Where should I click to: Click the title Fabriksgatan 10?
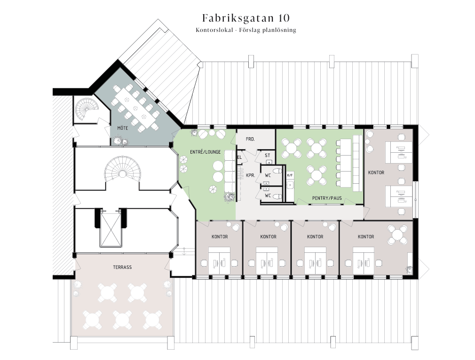245,18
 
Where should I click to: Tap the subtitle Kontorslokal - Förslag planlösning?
245,30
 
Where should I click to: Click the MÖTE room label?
123,128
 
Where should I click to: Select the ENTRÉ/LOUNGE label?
206,152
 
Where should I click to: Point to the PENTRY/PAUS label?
327,198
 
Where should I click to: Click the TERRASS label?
122,267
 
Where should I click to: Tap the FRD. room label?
250,139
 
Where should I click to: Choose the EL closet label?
240,157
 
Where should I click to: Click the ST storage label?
268,156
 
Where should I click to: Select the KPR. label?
251,175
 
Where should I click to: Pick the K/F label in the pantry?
290,175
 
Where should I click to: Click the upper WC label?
268,175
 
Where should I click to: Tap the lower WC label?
268,196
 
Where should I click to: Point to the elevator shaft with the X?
111,230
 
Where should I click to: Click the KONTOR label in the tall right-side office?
376,172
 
